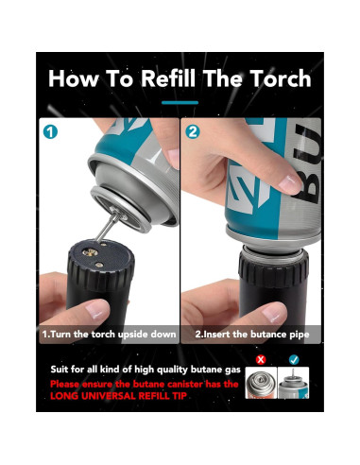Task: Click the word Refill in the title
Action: (168, 78)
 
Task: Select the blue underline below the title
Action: (180, 102)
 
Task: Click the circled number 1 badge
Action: (50, 131)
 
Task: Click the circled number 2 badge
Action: (193, 131)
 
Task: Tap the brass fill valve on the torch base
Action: (91, 252)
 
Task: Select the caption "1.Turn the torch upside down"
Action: (109, 334)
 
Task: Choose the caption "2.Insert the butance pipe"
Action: (252, 335)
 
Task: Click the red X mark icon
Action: (261, 359)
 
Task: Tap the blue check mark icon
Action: (294, 359)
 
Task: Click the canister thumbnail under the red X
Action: (261, 383)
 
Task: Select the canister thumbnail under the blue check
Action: (294, 383)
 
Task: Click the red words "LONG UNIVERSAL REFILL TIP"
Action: (118, 396)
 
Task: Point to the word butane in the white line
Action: (207, 370)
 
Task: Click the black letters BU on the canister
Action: (309, 164)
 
